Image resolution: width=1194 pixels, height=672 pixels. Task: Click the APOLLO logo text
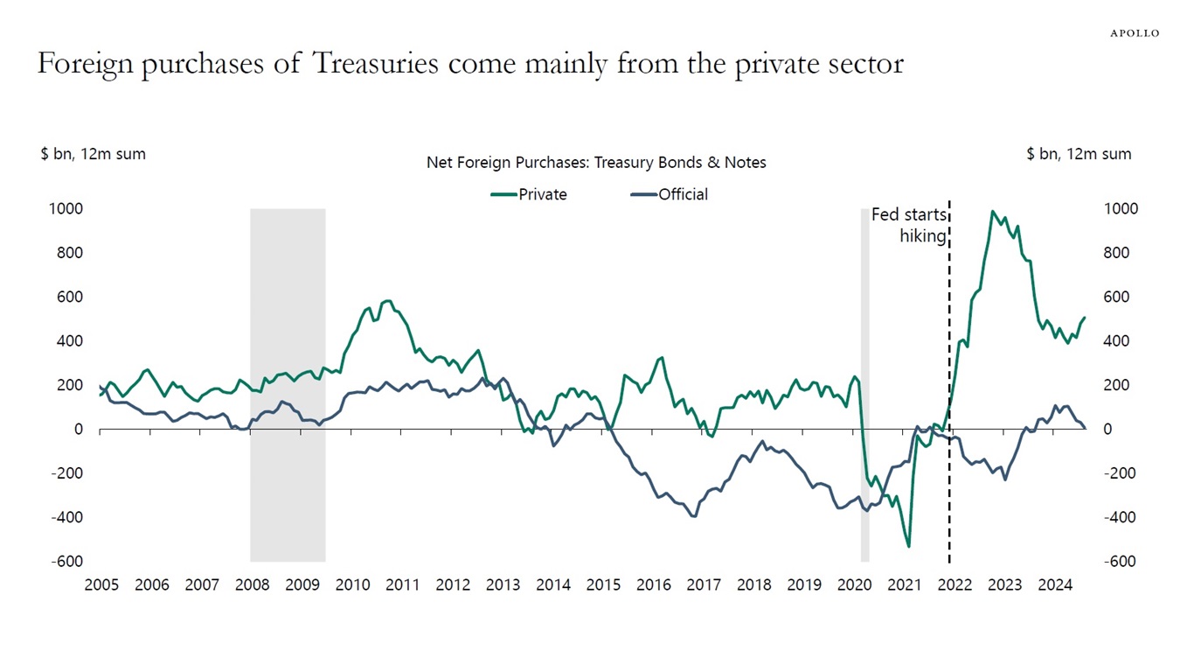[x=1135, y=33]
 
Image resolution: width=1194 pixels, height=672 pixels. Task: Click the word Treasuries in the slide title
[x=376, y=64]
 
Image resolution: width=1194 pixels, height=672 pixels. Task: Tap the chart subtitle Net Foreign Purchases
[x=596, y=163]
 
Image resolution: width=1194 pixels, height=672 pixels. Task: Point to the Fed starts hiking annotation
[x=909, y=225]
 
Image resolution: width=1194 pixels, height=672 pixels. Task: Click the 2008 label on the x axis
[x=253, y=584]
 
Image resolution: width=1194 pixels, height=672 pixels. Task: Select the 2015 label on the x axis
[x=604, y=584]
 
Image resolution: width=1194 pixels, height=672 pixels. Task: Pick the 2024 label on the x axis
[x=1056, y=584]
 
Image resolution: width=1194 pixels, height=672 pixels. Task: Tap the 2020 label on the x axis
[x=855, y=584]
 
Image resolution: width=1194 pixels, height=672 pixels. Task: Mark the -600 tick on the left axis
[x=66, y=562]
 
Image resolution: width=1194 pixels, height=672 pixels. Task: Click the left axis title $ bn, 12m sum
[x=93, y=154]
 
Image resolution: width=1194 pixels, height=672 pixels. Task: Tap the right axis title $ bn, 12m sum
[x=1079, y=154]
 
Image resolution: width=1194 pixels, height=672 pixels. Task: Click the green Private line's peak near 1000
[x=992, y=212]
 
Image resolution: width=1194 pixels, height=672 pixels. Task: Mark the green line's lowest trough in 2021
[x=909, y=546]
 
